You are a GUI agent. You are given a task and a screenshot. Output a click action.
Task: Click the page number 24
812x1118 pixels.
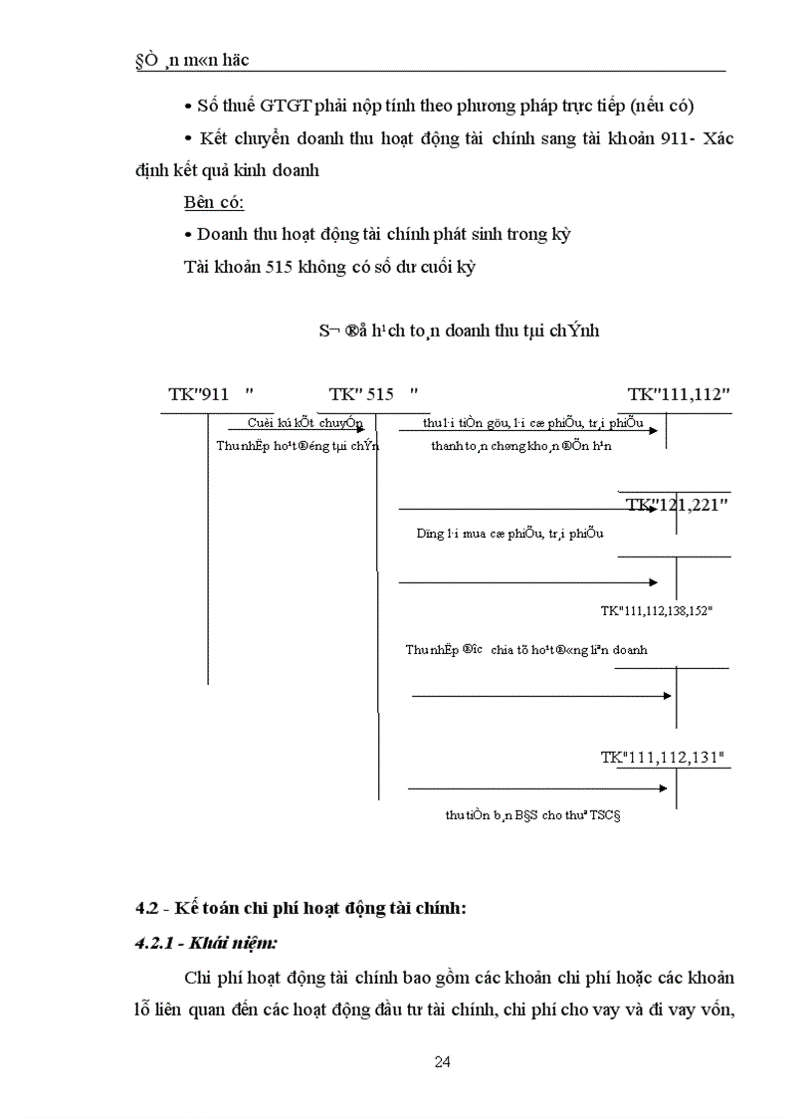point(443,1061)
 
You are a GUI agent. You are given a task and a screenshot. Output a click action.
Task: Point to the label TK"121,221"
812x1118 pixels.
point(677,505)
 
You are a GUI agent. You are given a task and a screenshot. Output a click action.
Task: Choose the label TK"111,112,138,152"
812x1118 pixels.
point(656,610)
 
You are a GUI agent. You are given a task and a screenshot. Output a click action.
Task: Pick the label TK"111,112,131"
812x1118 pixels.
point(662,759)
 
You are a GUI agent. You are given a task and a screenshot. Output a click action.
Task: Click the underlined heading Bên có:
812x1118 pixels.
point(214,202)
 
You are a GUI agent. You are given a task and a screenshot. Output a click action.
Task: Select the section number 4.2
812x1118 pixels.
point(147,908)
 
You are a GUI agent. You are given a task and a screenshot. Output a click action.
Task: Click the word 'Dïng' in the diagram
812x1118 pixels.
point(431,533)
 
